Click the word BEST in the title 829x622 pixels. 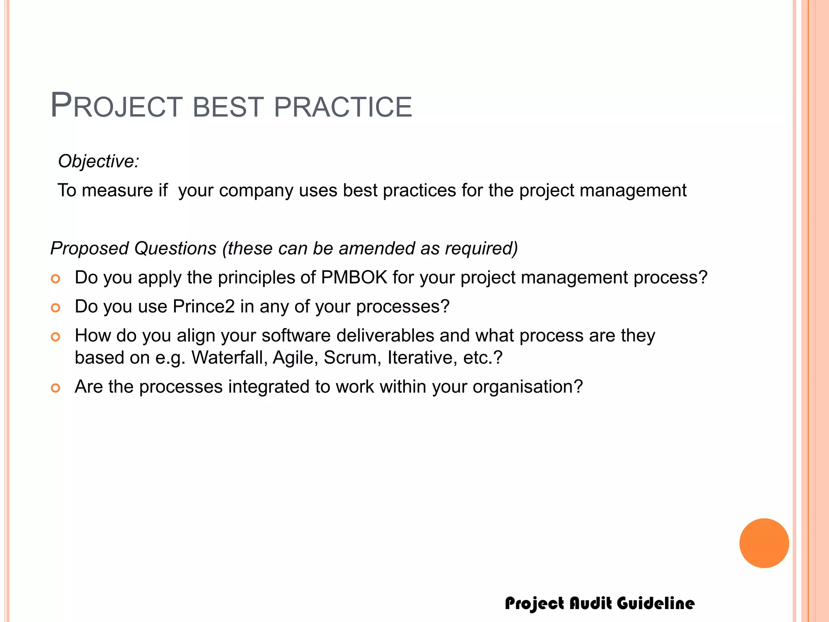tap(228, 107)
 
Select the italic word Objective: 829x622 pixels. tap(98, 161)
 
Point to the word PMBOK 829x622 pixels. tap(354, 278)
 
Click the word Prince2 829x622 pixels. tap(204, 307)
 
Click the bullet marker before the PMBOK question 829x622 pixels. tap(55, 279)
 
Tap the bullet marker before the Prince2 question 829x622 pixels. tap(55, 308)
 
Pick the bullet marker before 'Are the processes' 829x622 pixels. tap(55, 388)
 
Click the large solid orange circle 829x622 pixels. tap(764, 543)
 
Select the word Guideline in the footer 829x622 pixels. tap(656, 603)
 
